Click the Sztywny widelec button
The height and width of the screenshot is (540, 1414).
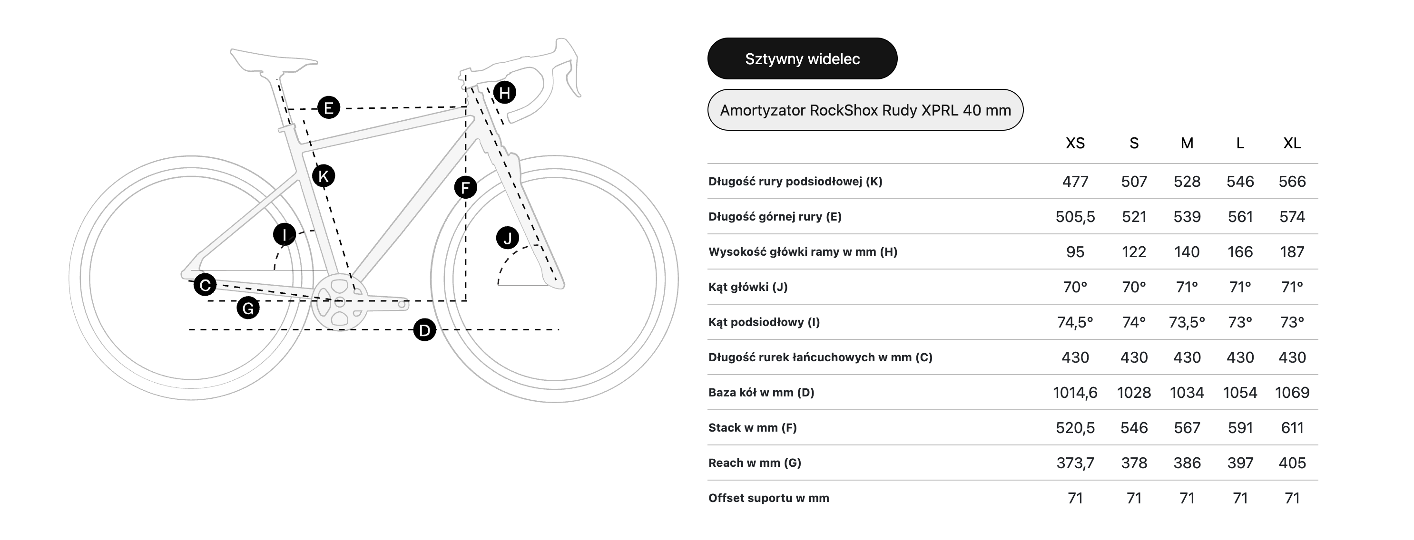802,58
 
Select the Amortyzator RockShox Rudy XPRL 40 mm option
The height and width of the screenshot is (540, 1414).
865,110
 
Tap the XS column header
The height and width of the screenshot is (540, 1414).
1075,144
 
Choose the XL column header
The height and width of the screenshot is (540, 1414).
1292,144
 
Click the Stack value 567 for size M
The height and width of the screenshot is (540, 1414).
1187,428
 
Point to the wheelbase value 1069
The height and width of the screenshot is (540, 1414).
1292,393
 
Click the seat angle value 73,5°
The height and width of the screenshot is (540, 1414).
1187,322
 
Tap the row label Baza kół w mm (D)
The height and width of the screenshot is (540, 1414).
761,393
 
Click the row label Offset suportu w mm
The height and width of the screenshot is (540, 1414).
768,498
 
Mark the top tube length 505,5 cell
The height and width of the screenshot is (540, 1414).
1075,217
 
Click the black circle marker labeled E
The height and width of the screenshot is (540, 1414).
329,107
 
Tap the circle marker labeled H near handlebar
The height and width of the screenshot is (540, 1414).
504,93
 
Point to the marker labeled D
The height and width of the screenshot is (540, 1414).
424,330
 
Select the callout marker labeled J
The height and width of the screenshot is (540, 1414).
507,238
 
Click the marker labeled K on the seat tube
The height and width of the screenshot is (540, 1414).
324,176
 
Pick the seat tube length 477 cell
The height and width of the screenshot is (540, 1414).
1075,182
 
